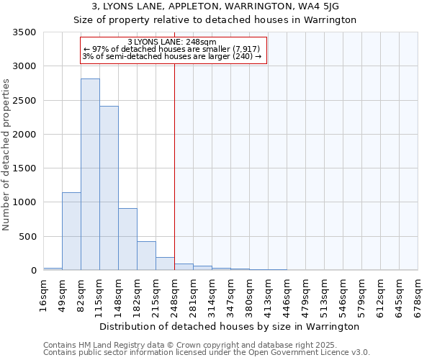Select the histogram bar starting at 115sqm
(x=109, y=188)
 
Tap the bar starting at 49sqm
(x=71, y=231)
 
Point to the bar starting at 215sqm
(x=165, y=264)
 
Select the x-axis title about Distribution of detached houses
(x=229, y=327)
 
